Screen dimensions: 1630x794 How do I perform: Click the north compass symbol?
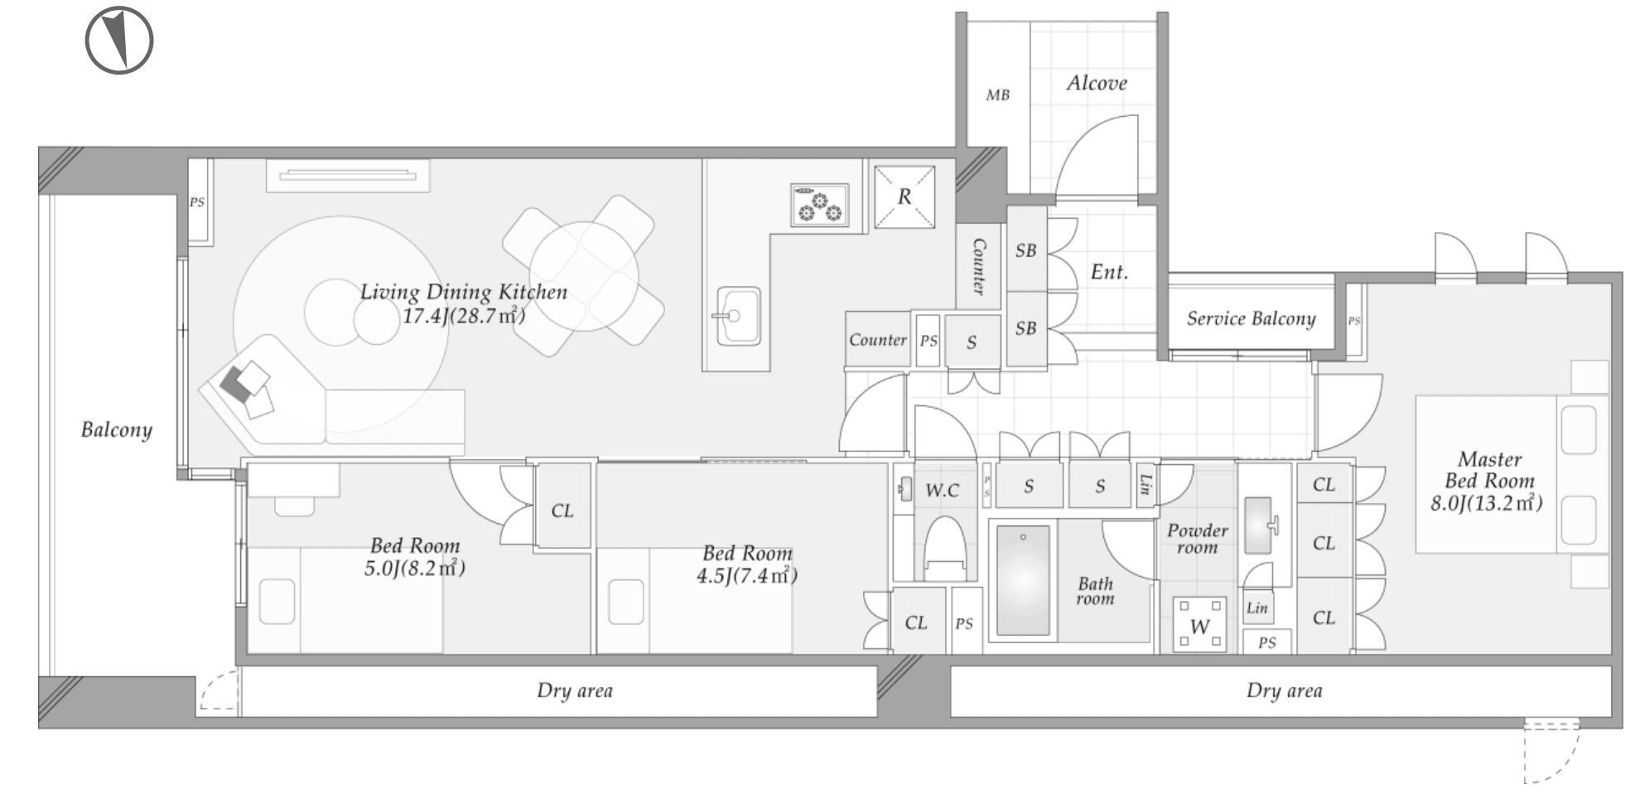tap(119, 40)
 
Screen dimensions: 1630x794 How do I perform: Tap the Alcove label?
tap(1097, 83)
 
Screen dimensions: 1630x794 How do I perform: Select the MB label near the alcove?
tap(997, 95)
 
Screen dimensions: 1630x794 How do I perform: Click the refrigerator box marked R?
tap(904, 196)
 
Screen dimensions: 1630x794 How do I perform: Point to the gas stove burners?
tap(819, 205)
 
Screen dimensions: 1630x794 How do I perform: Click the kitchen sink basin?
tap(738, 316)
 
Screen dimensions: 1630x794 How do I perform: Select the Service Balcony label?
tap(1251, 319)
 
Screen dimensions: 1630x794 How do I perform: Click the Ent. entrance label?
tap(1109, 272)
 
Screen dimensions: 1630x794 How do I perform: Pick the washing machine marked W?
tap(1199, 625)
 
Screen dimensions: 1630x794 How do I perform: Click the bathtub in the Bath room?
tap(1023, 580)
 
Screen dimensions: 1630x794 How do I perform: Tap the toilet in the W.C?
tap(945, 547)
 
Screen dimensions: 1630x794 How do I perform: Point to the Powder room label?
tap(1197, 539)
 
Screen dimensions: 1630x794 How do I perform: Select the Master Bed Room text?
tap(1489, 470)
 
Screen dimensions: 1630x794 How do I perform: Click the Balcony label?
tap(117, 430)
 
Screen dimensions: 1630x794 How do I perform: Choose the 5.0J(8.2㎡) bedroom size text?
tap(414, 568)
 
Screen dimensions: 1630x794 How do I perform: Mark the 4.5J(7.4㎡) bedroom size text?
tap(747, 575)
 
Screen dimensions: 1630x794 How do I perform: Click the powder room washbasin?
tap(1260, 525)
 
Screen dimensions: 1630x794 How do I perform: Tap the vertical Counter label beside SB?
tap(979, 267)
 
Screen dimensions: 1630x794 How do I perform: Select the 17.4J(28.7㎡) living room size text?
tap(463, 315)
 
